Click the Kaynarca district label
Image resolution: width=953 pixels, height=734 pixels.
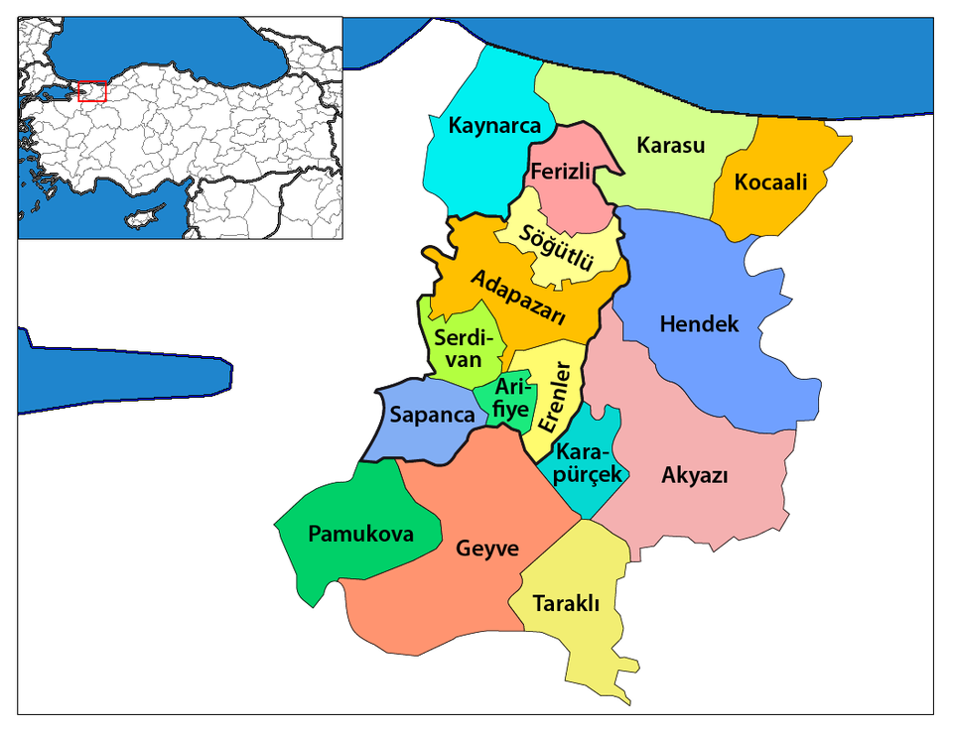point(494,126)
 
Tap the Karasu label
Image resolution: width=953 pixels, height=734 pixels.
point(670,145)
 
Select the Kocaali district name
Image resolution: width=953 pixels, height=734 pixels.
point(770,183)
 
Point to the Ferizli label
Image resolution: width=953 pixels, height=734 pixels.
point(561,172)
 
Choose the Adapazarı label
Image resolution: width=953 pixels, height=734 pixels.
point(518,298)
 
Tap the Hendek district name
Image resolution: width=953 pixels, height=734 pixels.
point(699,323)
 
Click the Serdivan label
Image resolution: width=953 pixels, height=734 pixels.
point(459,348)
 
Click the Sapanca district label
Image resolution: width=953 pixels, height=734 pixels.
point(433,415)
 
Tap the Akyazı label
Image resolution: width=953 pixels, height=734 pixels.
point(695,475)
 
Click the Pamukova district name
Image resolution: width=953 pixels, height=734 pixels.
point(360,534)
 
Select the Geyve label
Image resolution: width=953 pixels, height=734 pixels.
point(487,548)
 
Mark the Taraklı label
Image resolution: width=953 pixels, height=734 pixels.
point(566,603)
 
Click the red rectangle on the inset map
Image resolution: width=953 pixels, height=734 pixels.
point(91,91)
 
